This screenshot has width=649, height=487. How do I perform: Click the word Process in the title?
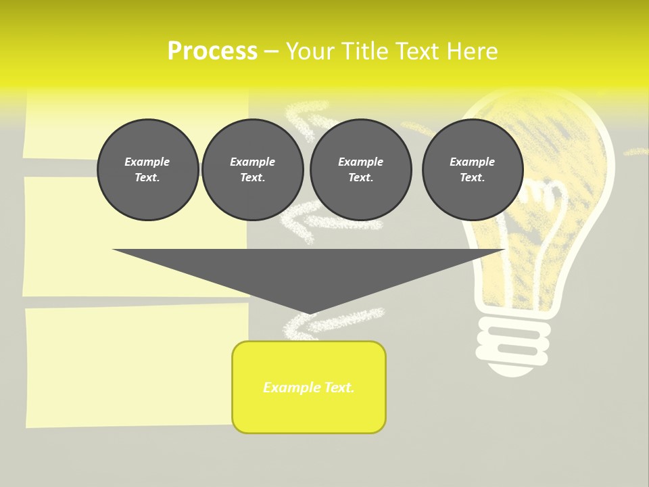[x=212, y=51]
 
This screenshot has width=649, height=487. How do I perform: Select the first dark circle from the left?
[x=148, y=170]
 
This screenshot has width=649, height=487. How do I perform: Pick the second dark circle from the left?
[x=253, y=170]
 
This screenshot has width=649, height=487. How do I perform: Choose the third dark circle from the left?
[x=361, y=170]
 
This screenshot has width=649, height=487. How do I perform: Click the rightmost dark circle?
[x=473, y=170]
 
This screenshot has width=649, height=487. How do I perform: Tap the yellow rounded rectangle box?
[x=309, y=387]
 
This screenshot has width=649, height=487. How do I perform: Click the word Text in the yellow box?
[x=337, y=388]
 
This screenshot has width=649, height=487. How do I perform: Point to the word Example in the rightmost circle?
[x=473, y=162]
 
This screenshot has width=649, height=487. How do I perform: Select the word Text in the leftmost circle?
[x=147, y=178]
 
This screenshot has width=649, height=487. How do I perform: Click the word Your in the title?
[x=309, y=51]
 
